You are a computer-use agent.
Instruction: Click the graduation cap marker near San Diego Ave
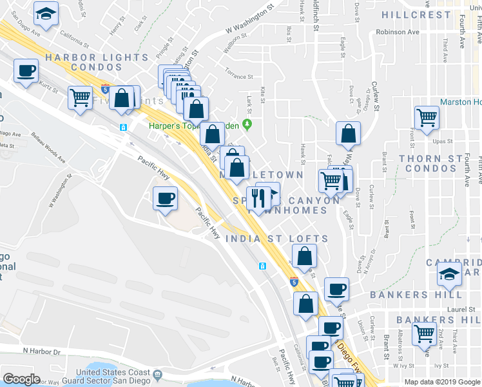47,15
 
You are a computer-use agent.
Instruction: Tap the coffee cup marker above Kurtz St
26,71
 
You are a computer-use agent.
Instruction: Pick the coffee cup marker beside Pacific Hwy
165,198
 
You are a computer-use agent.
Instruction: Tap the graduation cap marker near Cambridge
449,275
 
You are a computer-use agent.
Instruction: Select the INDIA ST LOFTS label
276,239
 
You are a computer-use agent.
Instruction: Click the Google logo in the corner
21,380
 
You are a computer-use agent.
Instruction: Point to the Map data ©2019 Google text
441,382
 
